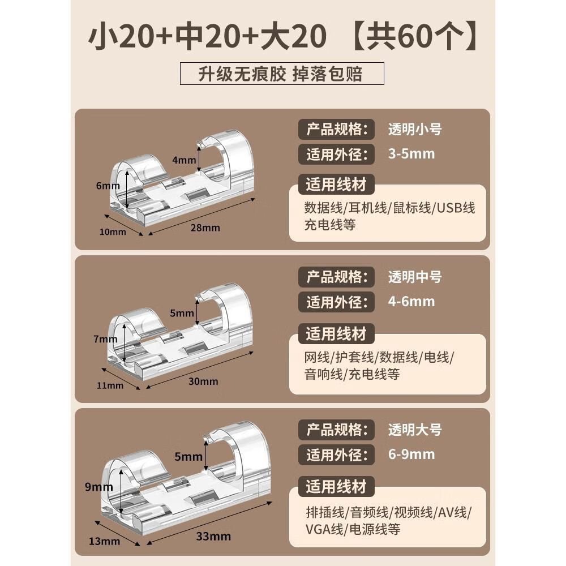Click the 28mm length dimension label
[x=205, y=228]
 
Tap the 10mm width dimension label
[x=113, y=231]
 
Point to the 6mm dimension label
[x=108, y=186]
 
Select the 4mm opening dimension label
[x=184, y=160]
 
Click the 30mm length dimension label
[x=203, y=381]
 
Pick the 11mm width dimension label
[x=110, y=385]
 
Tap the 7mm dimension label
[x=105, y=339]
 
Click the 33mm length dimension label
[x=213, y=537]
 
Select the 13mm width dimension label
[x=104, y=541]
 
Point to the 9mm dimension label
[x=99, y=487]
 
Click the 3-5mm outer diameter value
[x=411, y=154]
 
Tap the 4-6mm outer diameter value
[x=411, y=302]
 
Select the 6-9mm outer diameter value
[x=411, y=454]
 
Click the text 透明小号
[x=415, y=129]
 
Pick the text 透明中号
[x=415, y=277]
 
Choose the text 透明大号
[x=415, y=430]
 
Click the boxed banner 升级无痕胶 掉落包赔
[x=282, y=74]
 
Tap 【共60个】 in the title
[x=415, y=36]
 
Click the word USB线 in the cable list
[x=456, y=208]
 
